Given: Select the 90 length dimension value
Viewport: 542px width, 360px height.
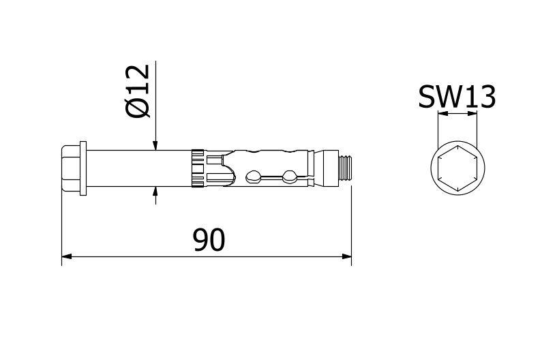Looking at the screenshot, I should point(209,240).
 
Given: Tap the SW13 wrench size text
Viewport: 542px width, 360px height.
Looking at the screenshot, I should point(456,98).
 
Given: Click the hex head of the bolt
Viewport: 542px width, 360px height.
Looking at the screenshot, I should point(70,168).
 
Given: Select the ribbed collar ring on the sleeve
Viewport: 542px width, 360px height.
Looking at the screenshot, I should point(197,168).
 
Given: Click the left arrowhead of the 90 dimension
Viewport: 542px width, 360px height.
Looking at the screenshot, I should point(66,257).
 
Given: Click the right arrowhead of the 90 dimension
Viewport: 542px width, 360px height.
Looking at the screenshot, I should point(346,257).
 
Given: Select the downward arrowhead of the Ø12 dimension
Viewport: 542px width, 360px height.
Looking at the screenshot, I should point(155,145).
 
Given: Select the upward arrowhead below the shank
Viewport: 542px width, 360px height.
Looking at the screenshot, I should point(155,192).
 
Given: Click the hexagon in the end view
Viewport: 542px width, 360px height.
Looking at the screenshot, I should point(457,168).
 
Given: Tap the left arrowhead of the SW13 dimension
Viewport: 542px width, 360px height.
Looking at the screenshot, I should point(441,114).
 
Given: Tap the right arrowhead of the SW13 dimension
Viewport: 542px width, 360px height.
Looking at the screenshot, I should point(472,114).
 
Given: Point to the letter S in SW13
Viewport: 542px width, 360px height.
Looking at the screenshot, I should point(427,98).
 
